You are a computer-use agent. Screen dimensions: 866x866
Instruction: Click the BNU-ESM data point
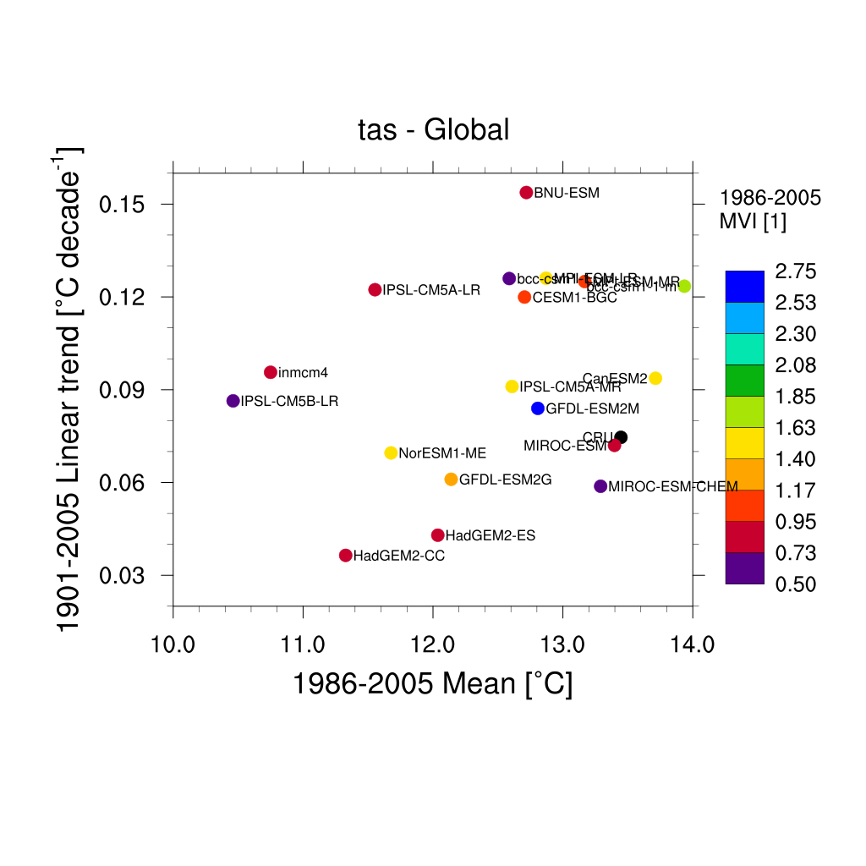coord(526,193)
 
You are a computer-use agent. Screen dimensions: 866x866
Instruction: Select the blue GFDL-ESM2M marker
coord(538,408)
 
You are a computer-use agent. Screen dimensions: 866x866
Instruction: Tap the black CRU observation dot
coord(621,437)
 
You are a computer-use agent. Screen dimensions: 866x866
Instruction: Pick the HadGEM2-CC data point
coord(345,556)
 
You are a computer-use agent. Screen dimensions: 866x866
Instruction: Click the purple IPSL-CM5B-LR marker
coord(233,401)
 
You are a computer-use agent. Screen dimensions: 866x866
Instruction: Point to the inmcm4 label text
coord(303,373)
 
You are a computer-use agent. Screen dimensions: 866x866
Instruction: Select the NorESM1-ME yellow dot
coord(391,453)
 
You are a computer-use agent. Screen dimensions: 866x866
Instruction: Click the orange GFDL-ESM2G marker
coord(451,480)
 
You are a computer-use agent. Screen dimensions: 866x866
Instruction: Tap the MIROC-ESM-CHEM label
coord(673,487)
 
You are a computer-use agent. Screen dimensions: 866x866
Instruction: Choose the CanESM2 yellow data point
coord(655,378)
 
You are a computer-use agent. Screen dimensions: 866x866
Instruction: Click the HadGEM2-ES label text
coord(491,536)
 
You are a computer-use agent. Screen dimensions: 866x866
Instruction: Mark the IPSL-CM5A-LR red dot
coord(375,290)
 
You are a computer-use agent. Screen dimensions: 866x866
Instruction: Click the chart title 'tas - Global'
coord(434,130)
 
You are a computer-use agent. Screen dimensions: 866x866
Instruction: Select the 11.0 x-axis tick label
coord(303,646)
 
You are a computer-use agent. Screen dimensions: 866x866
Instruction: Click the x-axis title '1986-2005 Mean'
coord(432,684)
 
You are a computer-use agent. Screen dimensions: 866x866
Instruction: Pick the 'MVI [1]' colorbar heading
coord(753,221)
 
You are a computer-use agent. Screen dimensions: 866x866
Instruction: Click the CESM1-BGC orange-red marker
coord(524,298)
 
